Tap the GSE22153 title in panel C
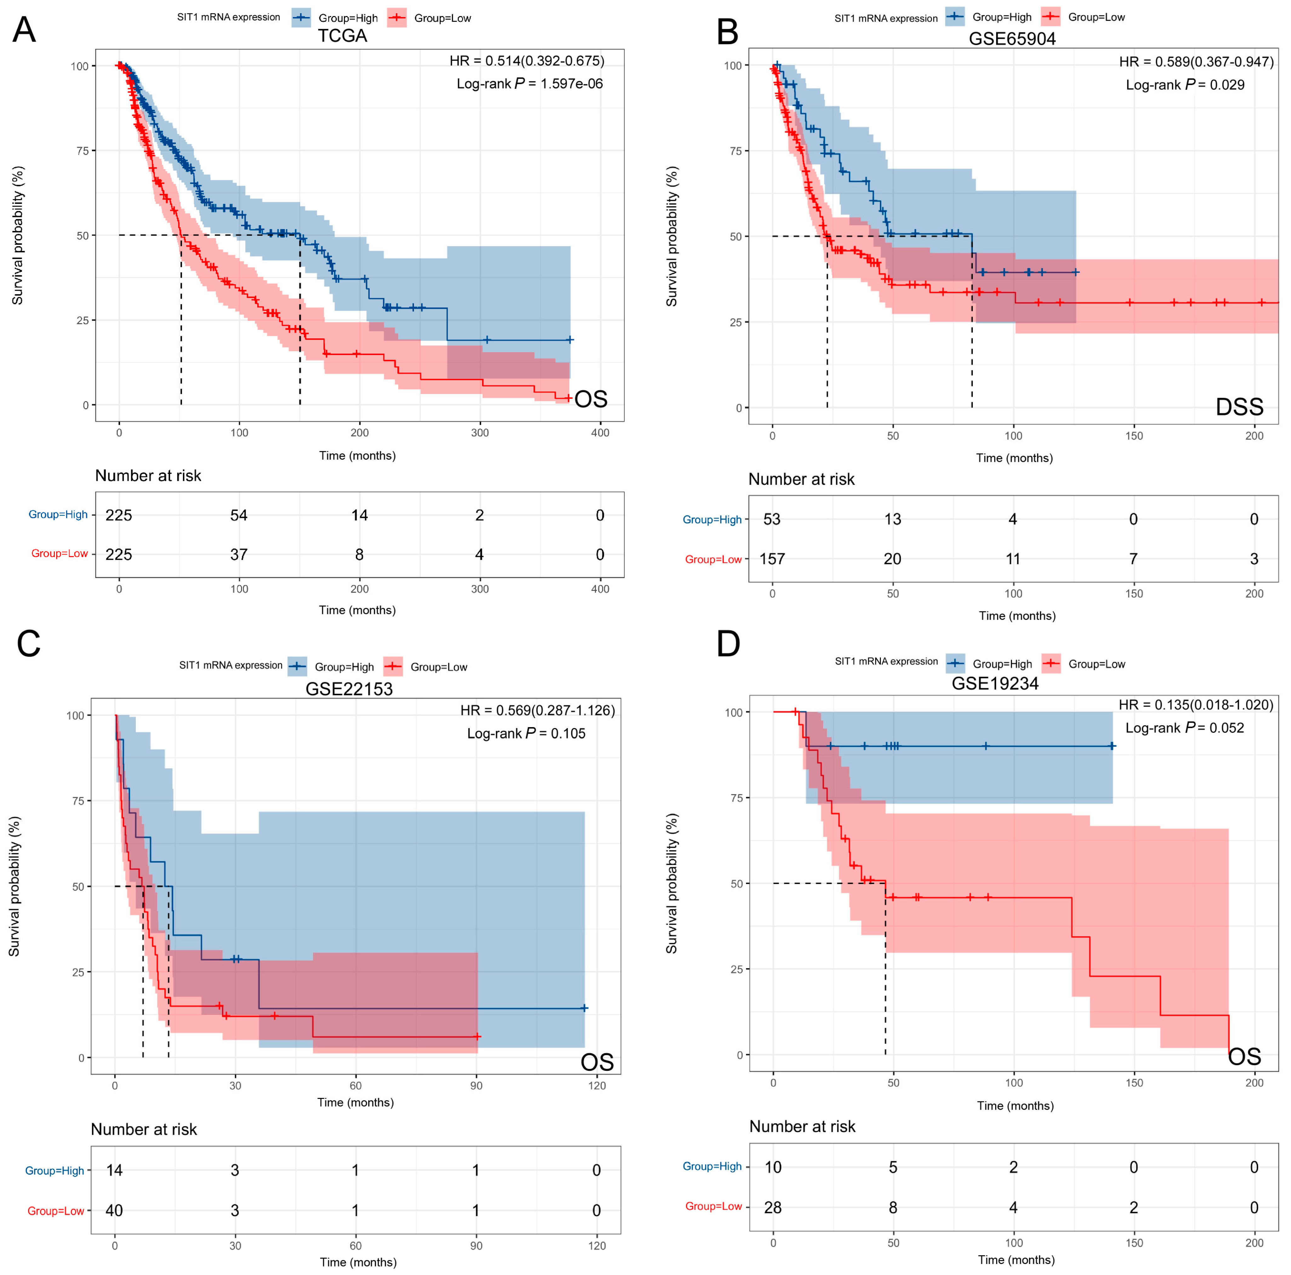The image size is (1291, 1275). pos(349,689)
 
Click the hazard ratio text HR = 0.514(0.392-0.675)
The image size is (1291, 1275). pos(526,61)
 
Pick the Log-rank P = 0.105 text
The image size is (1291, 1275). pos(526,734)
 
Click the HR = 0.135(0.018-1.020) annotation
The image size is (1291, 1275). pos(1196,705)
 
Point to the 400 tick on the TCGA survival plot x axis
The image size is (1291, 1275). pos(600,433)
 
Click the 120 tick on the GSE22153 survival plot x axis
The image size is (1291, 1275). pos(597,1086)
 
